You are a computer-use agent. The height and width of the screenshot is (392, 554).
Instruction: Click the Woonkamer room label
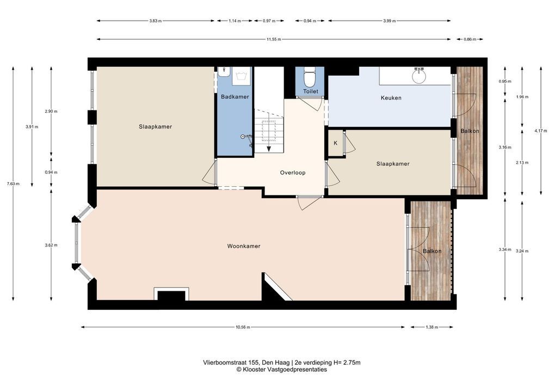[243, 246]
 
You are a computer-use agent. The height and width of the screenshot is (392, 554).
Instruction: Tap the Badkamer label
[235, 96]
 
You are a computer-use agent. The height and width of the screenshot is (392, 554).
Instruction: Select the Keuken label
[391, 98]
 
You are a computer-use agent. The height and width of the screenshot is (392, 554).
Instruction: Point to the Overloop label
[293, 173]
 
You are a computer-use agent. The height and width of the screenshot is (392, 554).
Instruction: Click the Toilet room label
[311, 91]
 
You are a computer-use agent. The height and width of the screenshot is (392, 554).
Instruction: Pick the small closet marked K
[336, 143]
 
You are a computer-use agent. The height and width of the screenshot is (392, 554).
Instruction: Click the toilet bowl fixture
[310, 78]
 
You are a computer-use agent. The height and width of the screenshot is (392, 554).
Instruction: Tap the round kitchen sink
[420, 76]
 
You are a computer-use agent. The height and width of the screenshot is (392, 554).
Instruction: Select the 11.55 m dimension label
[274, 39]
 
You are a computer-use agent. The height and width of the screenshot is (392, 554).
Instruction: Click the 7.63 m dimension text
[13, 183]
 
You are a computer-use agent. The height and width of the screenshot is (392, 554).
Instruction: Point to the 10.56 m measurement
[243, 327]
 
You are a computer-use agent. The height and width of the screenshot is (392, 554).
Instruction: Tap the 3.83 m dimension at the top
[156, 21]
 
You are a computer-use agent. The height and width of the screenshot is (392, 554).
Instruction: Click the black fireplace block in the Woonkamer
[171, 296]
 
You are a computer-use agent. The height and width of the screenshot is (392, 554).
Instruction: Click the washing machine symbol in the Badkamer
[242, 76]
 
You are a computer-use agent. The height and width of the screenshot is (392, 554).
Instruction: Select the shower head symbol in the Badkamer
[247, 138]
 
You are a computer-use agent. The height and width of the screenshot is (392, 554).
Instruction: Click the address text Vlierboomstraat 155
[231, 362]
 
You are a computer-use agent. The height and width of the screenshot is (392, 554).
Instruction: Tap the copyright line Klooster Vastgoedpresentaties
[281, 369]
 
